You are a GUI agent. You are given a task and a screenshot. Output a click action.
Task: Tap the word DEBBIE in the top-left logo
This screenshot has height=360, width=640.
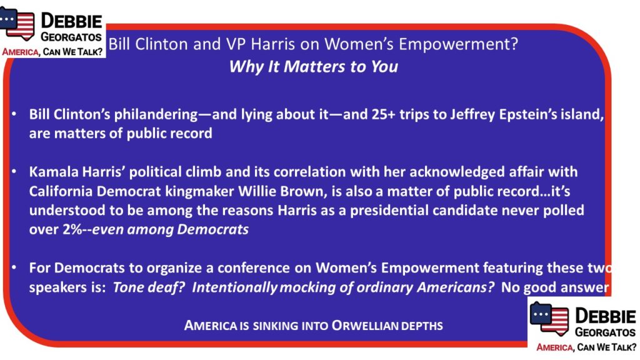coord(71,21)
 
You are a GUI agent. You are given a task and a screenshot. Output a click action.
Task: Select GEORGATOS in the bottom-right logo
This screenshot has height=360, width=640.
coord(605,332)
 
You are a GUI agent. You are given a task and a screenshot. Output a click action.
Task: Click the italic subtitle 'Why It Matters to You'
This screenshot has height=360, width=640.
coord(314,66)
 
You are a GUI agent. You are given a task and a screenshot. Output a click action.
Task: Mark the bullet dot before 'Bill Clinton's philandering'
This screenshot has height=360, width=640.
coord(14,114)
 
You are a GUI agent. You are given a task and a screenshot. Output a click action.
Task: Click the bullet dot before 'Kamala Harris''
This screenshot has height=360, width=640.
coord(14,172)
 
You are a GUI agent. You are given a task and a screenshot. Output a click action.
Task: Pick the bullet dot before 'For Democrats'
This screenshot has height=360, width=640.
coord(14,268)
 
